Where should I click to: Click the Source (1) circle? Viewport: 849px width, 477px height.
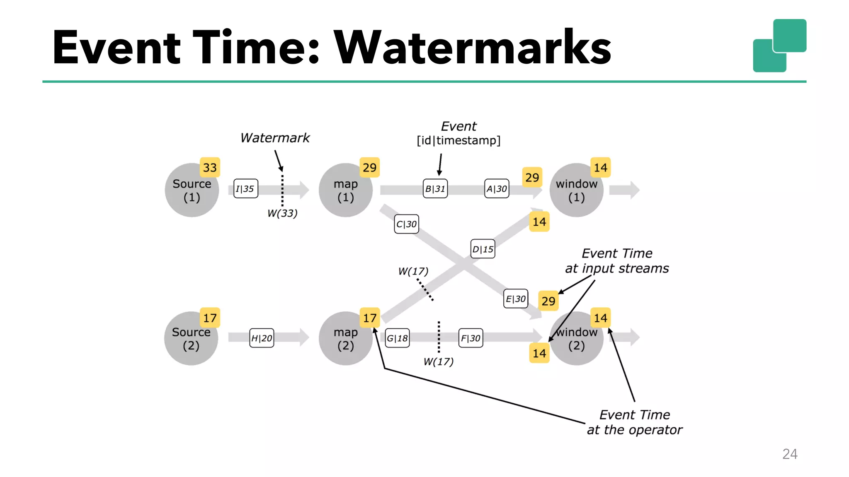coord(192,190)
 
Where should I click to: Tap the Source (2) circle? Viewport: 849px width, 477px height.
coord(191,338)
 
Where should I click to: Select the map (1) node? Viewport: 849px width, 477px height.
coord(345,190)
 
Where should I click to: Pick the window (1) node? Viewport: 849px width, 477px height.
coord(576,190)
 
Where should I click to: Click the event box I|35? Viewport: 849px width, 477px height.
coord(245,189)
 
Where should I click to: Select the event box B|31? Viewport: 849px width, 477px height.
coord(435,189)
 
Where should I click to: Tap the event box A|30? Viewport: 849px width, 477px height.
coord(497,189)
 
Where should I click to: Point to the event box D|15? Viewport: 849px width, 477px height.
coord(483,249)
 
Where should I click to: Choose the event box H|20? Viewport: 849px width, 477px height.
coord(262,338)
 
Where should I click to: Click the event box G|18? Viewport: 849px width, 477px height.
coord(397,338)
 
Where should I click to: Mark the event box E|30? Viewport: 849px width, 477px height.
coord(516,299)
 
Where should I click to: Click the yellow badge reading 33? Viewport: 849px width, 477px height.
coord(210,168)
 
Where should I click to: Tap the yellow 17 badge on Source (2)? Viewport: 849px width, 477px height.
coord(210,318)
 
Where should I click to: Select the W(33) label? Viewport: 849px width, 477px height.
coord(282,213)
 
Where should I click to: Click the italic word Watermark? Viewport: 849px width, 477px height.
coord(275,138)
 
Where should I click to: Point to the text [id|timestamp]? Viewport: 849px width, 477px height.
coord(458,140)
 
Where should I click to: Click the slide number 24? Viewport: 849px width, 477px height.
coord(789,454)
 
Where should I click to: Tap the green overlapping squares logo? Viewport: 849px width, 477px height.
coord(779,46)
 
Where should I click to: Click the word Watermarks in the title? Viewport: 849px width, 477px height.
coord(473,48)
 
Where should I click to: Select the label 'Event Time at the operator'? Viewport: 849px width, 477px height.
coord(634,422)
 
